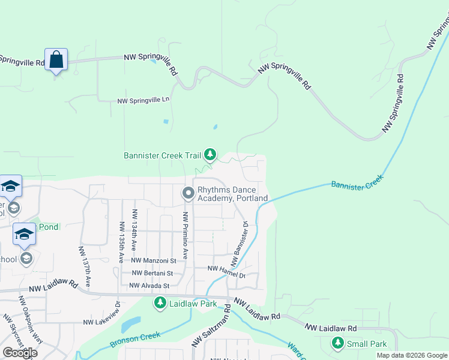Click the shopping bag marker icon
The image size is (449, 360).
56,60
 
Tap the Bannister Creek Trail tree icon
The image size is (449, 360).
210,155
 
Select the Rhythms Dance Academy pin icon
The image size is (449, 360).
188,193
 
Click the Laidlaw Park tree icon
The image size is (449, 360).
160,304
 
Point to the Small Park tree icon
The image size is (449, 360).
337,344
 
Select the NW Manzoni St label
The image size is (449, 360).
153,260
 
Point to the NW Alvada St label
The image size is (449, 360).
149,286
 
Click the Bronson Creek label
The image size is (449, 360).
135,340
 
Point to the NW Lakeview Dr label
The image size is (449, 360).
103,317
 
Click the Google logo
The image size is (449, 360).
20,353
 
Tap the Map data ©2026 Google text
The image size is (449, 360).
411,355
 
